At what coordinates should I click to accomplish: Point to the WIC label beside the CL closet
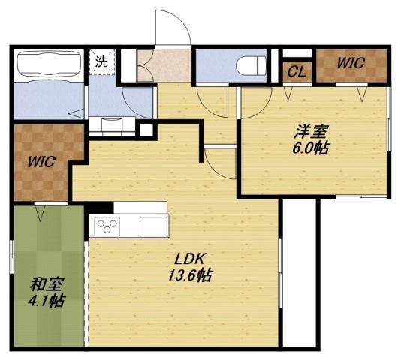point(351,64)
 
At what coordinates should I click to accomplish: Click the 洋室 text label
point(310,133)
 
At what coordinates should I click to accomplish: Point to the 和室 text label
point(47,285)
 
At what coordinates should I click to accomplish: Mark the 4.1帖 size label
point(47,301)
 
